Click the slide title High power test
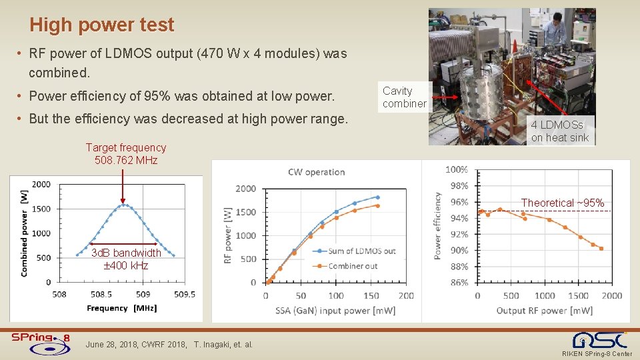101,25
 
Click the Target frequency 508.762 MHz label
126,154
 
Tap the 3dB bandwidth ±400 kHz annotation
126,259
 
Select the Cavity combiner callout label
404,97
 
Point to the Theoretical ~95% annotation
562,203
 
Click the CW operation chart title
316,172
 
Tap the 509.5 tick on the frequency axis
184,295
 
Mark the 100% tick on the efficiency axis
457,170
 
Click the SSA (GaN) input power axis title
335,311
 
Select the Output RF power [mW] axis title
544,311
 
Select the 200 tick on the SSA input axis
406,295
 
